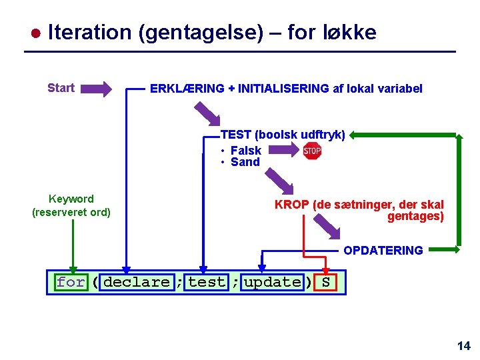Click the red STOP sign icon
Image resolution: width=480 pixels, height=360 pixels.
coord(312,151)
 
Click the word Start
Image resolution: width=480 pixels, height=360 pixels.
coord(61,88)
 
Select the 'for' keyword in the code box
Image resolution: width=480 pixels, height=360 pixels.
coord(71,282)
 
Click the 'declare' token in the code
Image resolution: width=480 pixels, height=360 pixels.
coord(137,282)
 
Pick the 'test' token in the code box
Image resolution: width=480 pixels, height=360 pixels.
coord(207,282)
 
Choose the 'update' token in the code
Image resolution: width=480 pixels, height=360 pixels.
coord(272,282)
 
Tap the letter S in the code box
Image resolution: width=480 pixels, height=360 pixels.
coord(325,282)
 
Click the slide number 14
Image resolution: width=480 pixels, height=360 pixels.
coord(464,345)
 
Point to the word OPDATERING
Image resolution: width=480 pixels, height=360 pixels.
coord(383,251)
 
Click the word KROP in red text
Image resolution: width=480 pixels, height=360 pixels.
coord(291,205)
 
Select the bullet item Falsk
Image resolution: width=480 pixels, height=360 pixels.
coord(245,151)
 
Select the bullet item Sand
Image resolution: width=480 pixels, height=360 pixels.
coord(245,162)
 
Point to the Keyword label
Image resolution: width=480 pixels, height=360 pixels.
coord(71,199)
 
